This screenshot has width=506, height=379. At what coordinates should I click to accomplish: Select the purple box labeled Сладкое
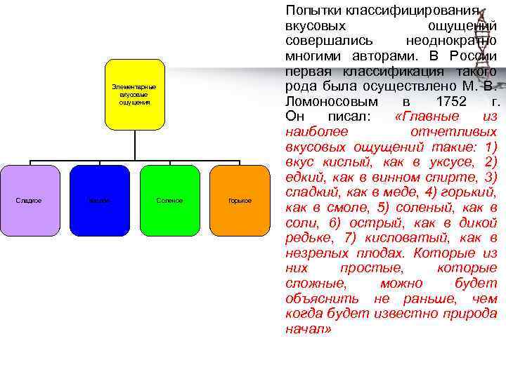tap(29, 201)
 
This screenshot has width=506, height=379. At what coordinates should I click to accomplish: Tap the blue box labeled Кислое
tap(99, 201)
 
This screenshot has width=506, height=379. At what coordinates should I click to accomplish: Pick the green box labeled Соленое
tap(169, 201)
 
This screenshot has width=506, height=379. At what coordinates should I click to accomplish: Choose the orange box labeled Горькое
tap(240, 201)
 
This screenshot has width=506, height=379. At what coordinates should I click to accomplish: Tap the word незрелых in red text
tap(319, 253)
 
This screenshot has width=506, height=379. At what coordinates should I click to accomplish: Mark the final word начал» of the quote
tap(308, 329)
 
